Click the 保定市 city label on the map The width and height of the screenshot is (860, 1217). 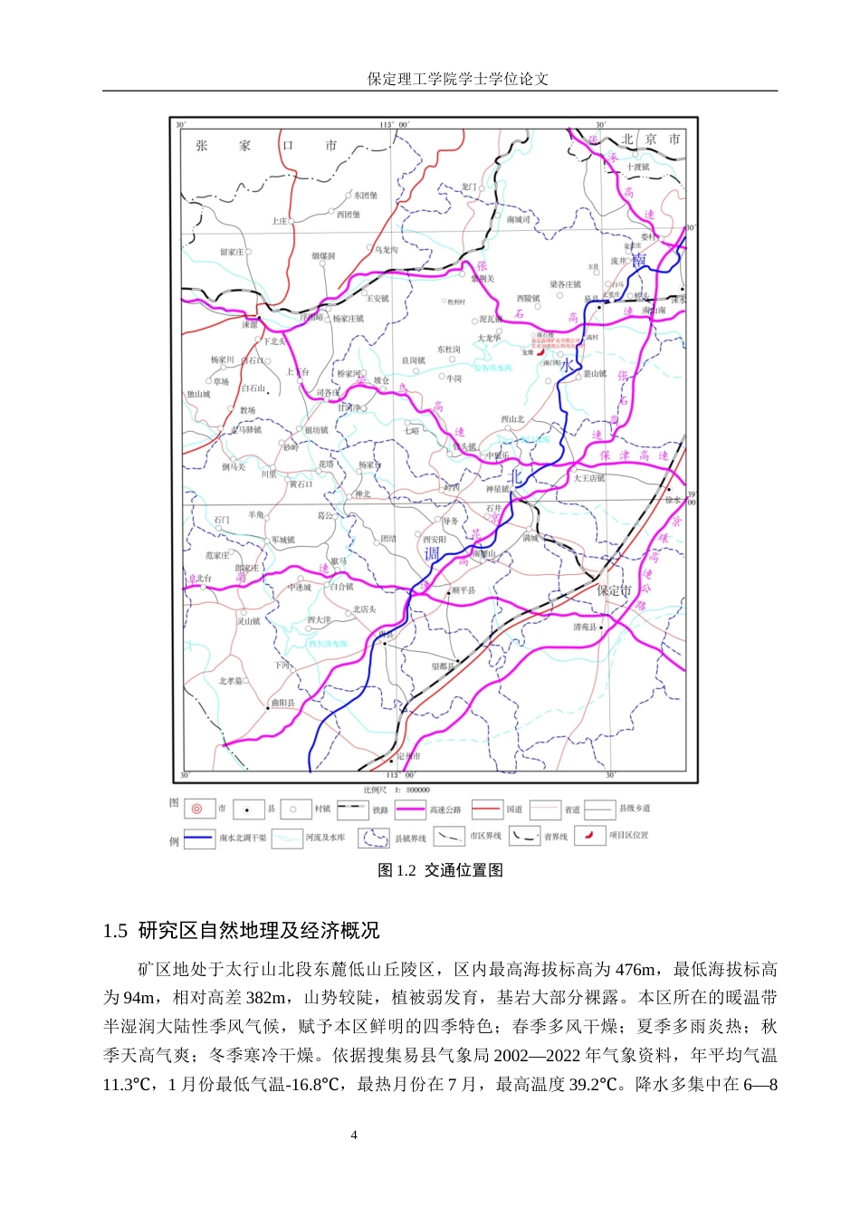(614, 589)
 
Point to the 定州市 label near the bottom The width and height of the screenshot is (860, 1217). (409, 756)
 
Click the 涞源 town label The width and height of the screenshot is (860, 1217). (250, 323)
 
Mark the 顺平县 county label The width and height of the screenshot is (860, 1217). (463, 590)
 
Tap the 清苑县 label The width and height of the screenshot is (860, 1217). (585, 627)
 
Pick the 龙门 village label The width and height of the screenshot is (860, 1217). (468, 187)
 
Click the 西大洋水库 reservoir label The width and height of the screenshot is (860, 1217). (328, 644)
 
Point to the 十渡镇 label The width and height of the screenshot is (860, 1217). (638, 167)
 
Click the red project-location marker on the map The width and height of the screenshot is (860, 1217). (540, 353)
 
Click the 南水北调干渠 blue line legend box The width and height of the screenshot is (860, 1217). (199, 838)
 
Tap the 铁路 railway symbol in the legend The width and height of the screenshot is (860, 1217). (351, 809)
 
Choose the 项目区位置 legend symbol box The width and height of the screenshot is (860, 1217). (589, 836)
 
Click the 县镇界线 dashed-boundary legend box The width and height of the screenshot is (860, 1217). (375, 838)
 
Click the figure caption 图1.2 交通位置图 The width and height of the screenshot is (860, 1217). (440, 870)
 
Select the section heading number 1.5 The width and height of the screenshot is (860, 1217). (115, 931)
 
